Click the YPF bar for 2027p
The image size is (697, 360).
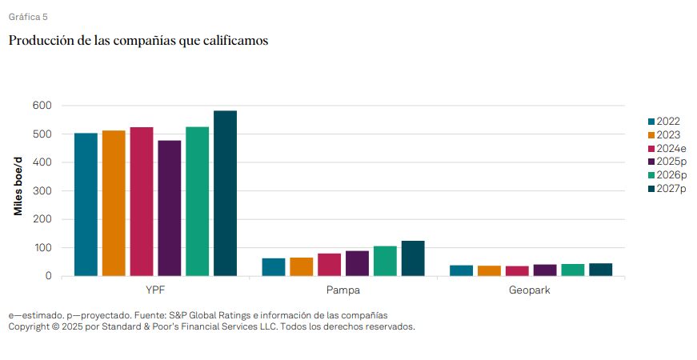[225, 194]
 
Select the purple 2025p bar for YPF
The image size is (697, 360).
[170, 209]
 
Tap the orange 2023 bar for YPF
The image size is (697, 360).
[114, 203]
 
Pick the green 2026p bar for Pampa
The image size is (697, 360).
[385, 261]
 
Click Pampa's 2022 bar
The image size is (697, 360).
[274, 267]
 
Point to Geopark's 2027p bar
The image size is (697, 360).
[600, 270]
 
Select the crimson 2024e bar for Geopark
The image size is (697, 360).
[517, 271]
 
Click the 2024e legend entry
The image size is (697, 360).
[667, 149]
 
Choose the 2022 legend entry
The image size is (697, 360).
[664, 122]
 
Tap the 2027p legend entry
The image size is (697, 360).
[667, 189]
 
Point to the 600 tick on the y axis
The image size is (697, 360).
[42, 106]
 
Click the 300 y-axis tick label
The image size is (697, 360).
[42, 190]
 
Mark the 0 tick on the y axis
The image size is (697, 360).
[49, 276]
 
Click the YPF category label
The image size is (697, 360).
[155, 290]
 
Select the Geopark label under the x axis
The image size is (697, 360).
[530, 290]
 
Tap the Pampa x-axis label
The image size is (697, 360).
[343, 290]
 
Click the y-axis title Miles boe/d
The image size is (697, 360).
[18, 186]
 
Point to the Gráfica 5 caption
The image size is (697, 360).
[28, 17]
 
